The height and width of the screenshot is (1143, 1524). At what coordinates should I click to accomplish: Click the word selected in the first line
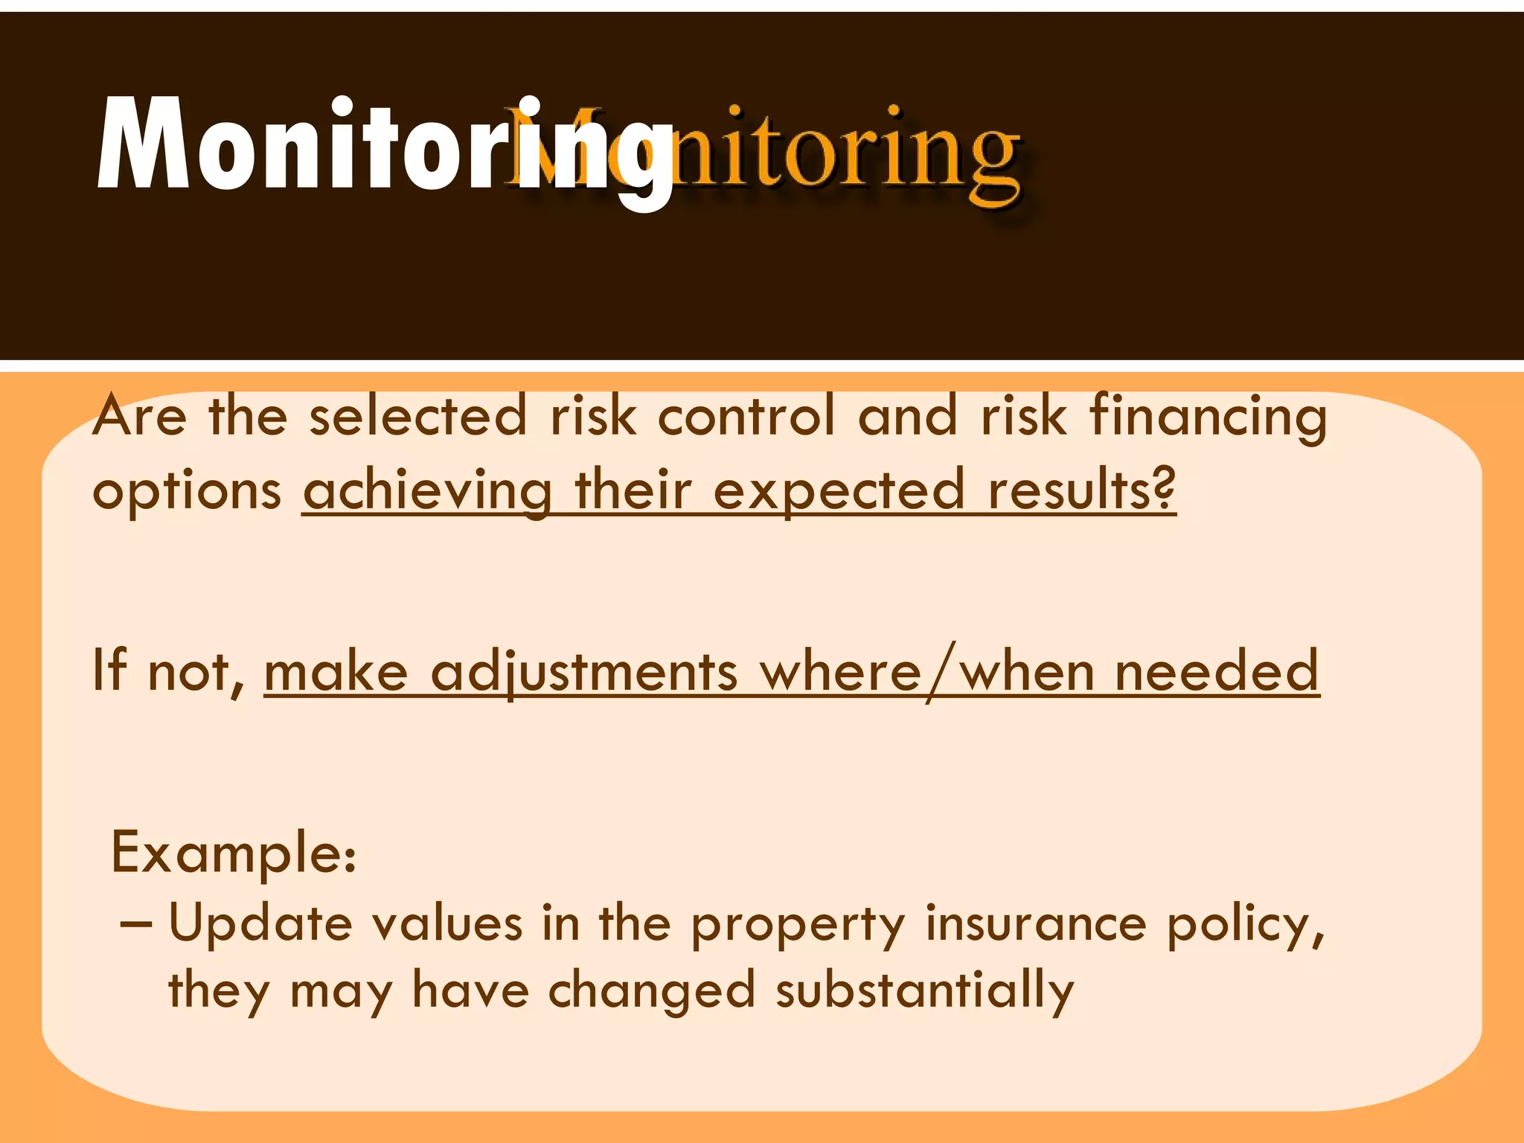tap(418, 416)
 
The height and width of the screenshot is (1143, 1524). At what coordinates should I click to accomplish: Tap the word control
tap(746, 416)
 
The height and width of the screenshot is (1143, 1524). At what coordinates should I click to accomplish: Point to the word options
tap(187, 492)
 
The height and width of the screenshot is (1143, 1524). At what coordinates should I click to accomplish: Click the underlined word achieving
tap(427, 492)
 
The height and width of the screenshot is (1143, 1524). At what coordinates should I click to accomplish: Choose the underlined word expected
tap(839, 492)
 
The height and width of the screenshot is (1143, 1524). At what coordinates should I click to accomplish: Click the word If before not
tap(109, 670)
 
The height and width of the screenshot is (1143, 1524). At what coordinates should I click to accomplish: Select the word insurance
tap(1036, 923)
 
